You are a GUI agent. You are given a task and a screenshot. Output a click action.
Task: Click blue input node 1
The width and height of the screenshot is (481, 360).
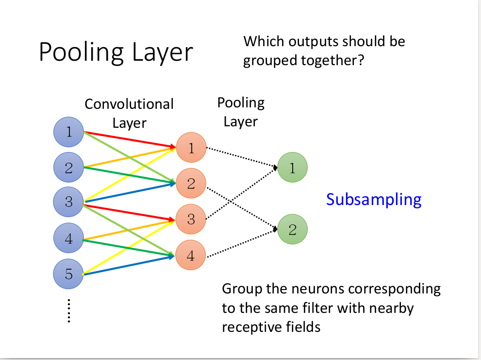coord(69,131)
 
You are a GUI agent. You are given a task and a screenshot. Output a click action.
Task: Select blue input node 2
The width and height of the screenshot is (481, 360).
coord(69,168)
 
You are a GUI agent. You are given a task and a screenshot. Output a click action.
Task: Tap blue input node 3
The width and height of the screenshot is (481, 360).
coord(69,201)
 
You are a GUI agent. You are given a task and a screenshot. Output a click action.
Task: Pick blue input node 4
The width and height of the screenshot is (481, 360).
coord(69,239)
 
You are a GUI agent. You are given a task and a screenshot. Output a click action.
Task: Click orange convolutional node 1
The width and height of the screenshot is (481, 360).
coord(191,148)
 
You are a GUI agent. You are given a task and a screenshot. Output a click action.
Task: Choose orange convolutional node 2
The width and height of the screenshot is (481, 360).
coord(191,183)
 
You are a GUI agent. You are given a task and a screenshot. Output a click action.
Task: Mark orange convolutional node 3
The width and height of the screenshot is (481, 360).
coord(191,219)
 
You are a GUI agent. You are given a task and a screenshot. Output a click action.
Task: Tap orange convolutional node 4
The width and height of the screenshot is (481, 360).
coord(191,256)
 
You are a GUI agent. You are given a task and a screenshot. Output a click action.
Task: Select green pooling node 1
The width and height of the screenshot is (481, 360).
coord(292,168)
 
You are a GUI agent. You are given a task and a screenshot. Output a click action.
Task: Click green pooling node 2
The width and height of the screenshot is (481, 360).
coord(292,229)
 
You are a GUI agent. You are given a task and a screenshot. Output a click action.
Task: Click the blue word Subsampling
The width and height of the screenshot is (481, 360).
coord(374,200)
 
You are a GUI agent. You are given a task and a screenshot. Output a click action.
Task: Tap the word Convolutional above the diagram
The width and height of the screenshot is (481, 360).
coord(129,104)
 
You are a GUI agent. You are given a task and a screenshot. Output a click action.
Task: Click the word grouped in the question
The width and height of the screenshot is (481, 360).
coord(268,61)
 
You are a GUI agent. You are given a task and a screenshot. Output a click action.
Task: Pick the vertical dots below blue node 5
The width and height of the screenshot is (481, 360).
coord(69,310)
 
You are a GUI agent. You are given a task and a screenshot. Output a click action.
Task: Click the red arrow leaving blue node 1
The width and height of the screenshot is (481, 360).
coord(129,138)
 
